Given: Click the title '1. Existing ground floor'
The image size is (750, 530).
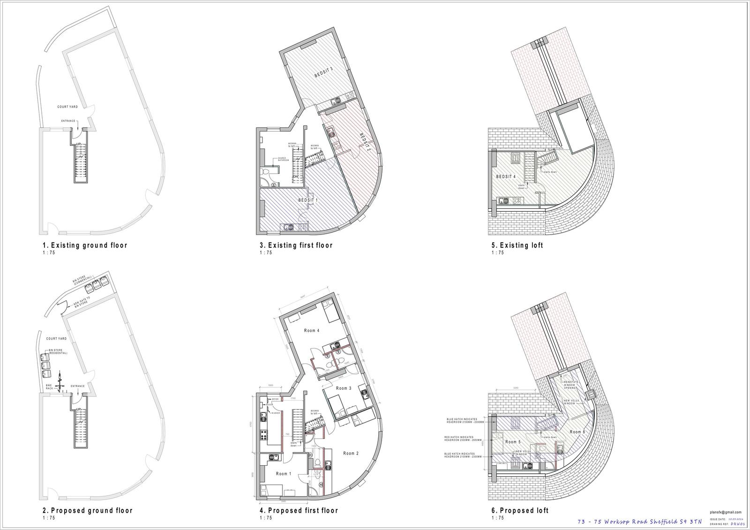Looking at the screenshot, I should pyautogui.click(x=84, y=245).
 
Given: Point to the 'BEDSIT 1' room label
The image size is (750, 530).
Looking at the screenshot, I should pyautogui.click(x=308, y=200).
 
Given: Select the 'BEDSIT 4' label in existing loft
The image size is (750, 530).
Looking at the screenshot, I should pyautogui.click(x=506, y=176).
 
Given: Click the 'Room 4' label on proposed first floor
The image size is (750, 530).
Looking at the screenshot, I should pyautogui.click(x=312, y=331).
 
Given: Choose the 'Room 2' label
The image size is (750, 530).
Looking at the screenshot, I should pyautogui.click(x=351, y=453).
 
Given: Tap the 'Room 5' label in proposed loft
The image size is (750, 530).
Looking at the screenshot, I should pyautogui.click(x=513, y=442).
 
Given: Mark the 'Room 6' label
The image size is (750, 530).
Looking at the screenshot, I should pyautogui.click(x=577, y=432).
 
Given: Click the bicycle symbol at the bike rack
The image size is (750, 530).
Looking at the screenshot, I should pyautogui.click(x=60, y=379).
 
